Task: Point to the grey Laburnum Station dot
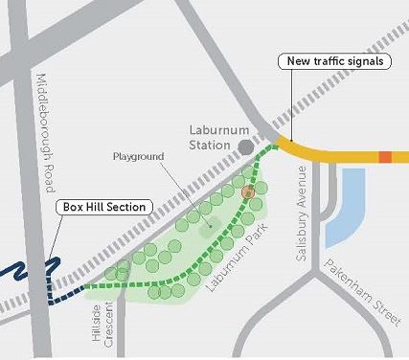[x=246, y=146]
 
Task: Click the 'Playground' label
[x=139, y=155]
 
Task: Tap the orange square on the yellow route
[x=385, y=156]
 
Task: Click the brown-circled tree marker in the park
[x=248, y=192]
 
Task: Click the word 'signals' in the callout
[x=360, y=62]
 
